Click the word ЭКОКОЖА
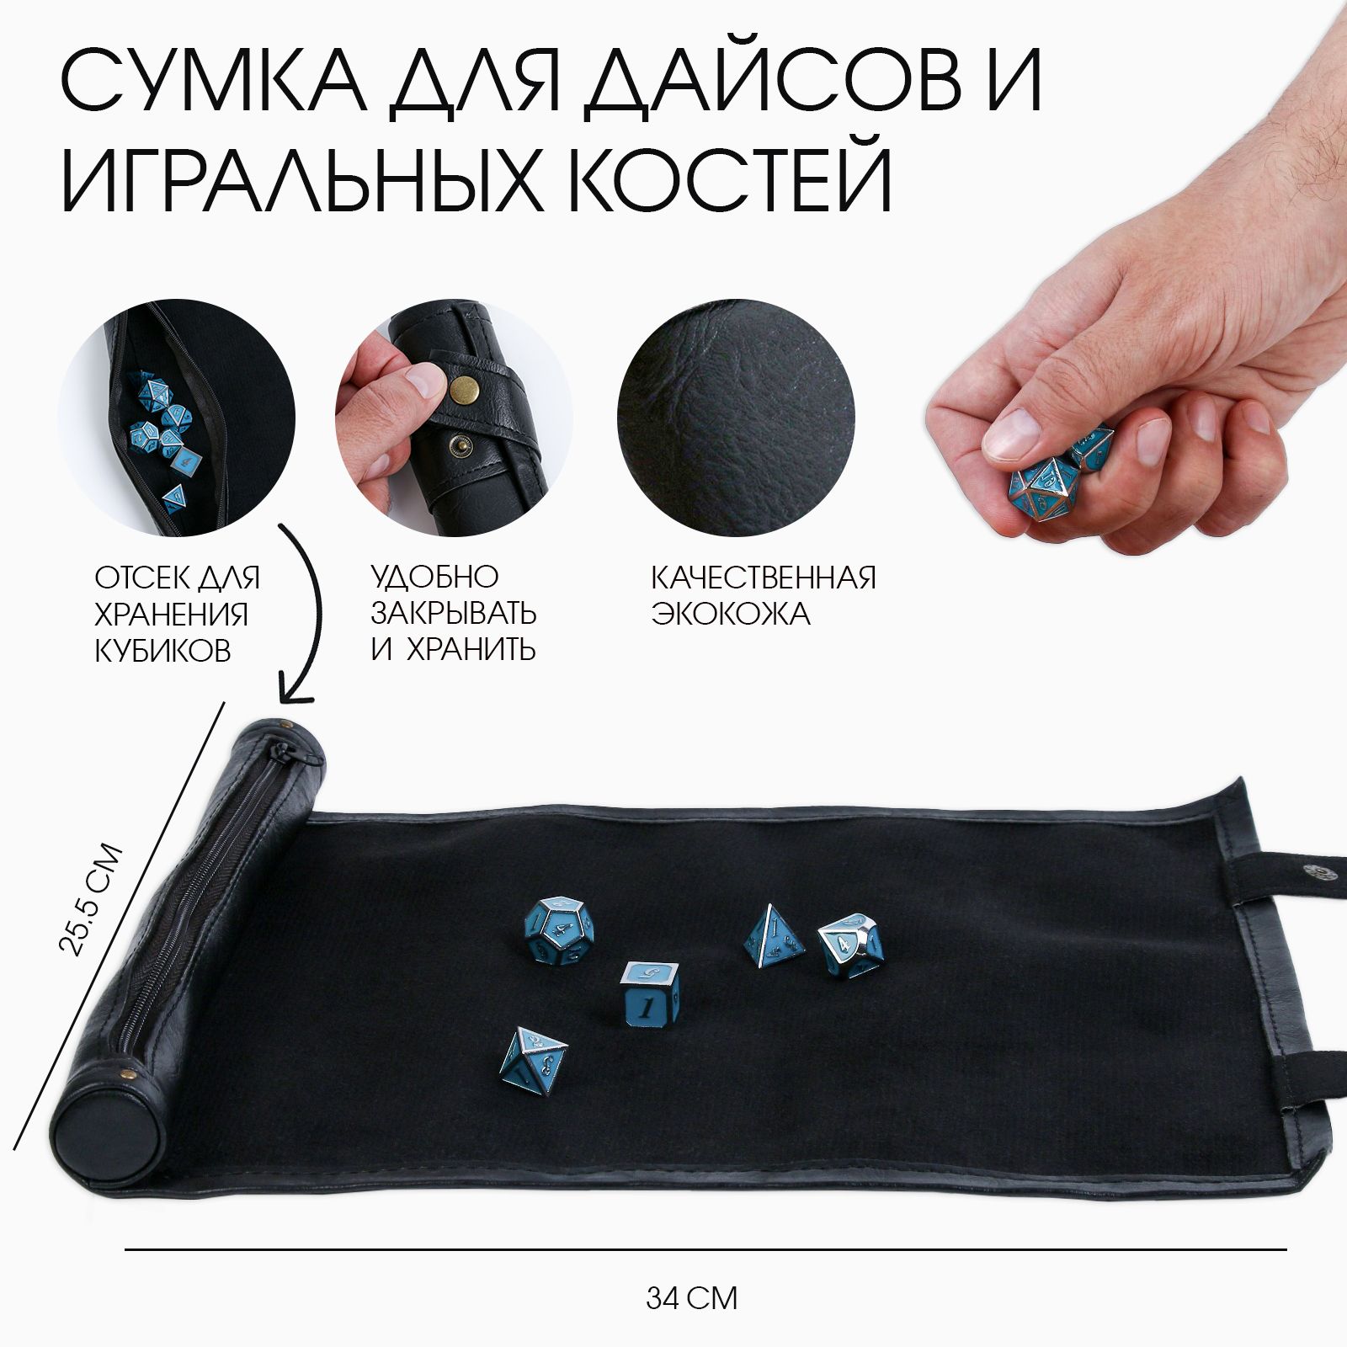[731, 615]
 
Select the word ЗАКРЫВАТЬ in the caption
[454, 613]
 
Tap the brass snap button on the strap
[463, 392]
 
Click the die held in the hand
[1044, 487]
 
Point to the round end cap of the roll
[88, 1120]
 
